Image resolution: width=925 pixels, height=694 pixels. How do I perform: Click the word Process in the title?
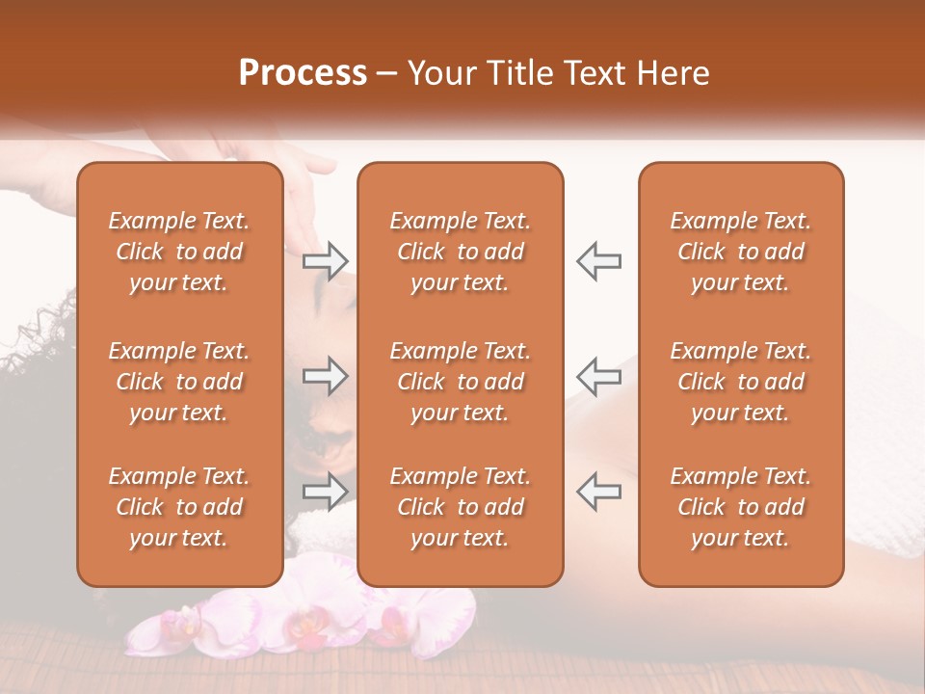pyautogui.click(x=303, y=73)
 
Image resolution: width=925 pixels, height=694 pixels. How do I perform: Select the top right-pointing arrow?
pyautogui.click(x=326, y=260)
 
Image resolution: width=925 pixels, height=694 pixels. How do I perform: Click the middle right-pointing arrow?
pyautogui.click(x=326, y=376)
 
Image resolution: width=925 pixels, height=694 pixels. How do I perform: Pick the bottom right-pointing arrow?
pyautogui.click(x=326, y=492)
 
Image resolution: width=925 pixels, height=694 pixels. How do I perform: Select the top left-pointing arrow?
pyautogui.click(x=598, y=260)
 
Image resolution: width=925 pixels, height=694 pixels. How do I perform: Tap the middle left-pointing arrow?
pyautogui.click(x=598, y=376)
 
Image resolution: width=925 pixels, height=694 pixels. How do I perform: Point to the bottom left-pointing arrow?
pyautogui.click(x=598, y=492)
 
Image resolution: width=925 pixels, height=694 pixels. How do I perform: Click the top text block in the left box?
pyautogui.click(x=179, y=252)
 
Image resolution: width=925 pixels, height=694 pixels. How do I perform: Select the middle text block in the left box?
pyautogui.click(x=179, y=382)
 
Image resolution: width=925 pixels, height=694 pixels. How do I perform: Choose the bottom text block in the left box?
pyautogui.click(x=179, y=507)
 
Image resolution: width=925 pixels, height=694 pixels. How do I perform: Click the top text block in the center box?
pyautogui.click(x=460, y=252)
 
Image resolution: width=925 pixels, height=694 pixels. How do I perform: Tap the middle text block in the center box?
pyautogui.click(x=460, y=382)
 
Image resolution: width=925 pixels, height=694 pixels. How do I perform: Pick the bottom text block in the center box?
pyautogui.click(x=460, y=507)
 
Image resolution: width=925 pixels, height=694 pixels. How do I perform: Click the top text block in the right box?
pyautogui.click(x=740, y=252)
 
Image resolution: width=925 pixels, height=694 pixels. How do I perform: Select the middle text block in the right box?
pyautogui.click(x=740, y=382)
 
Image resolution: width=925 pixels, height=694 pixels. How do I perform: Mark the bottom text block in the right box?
pyautogui.click(x=740, y=507)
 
